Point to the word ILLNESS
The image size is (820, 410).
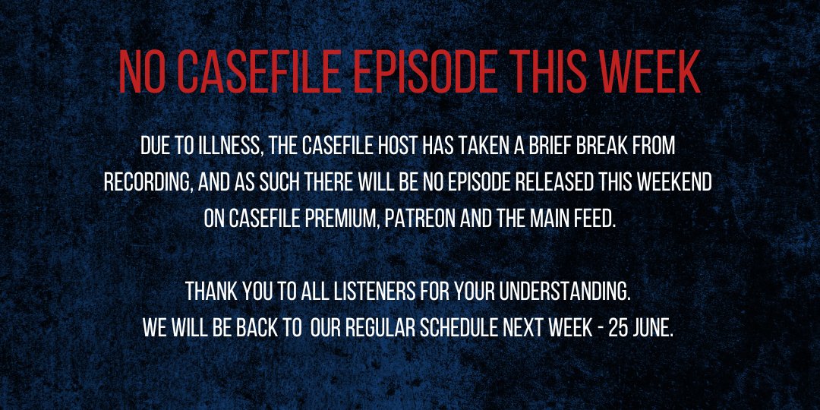point(231,147)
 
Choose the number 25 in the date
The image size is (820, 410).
point(617,328)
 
